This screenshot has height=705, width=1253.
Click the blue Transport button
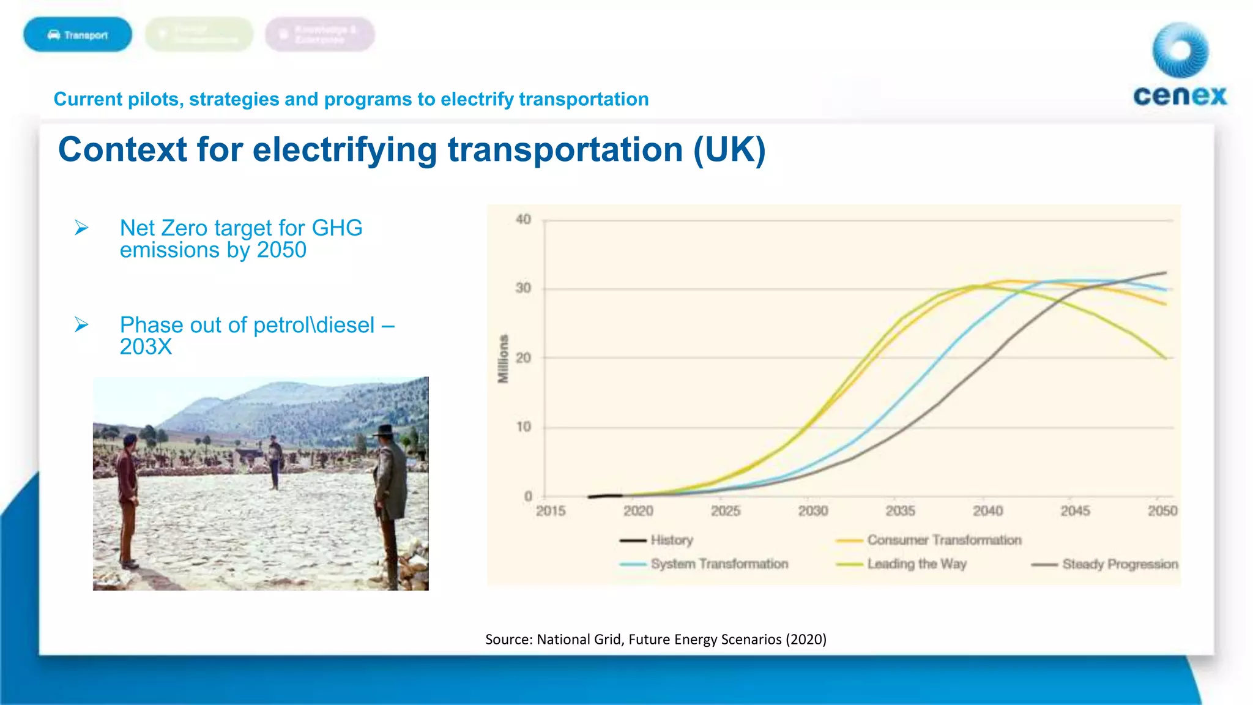coord(78,35)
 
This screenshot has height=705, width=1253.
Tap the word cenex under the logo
coord(1180,96)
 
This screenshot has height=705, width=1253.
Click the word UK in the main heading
coord(729,150)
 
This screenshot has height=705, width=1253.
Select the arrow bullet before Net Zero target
coord(81,228)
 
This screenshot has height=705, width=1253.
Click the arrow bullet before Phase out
coord(81,324)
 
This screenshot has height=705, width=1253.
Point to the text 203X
coord(146,347)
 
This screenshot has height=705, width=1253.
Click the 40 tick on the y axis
coord(523,219)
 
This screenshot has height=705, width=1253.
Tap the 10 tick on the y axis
coord(524,427)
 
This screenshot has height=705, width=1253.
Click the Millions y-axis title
coord(503,359)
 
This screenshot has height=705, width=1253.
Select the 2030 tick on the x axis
coord(813,511)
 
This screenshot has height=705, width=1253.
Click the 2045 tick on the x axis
coord(1075,511)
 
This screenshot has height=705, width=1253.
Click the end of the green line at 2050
coord(1165,358)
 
